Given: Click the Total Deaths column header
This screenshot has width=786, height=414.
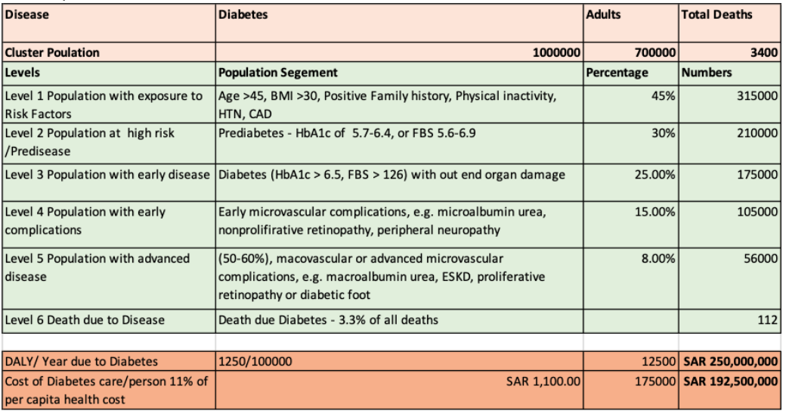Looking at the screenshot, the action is [716, 14].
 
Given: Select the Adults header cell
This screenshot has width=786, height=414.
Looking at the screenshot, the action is [604, 14].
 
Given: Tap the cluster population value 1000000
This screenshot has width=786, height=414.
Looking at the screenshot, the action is [556, 53].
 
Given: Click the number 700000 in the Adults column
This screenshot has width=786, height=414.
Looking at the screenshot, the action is [655, 53].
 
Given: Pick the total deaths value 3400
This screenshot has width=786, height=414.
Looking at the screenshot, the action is [764, 53].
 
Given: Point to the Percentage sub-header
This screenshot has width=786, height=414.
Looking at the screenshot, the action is [617, 73].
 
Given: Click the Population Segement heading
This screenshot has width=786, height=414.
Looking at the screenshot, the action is [277, 73].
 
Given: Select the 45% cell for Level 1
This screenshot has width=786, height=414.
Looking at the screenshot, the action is [664, 96].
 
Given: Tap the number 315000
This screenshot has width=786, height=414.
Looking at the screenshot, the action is [757, 96].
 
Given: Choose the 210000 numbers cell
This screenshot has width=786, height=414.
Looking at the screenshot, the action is [757, 133].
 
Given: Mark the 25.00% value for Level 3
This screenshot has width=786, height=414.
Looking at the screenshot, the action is [655, 175].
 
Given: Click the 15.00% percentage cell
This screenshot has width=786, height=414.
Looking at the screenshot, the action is [655, 212].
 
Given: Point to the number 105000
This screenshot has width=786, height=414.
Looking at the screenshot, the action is [757, 212].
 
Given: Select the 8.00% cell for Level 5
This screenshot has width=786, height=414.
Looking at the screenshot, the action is [659, 258].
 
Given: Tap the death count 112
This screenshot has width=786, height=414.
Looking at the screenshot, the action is [768, 320].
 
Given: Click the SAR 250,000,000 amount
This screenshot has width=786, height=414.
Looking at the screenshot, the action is [731, 361].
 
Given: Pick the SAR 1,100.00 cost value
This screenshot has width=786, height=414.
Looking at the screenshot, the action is [543, 381].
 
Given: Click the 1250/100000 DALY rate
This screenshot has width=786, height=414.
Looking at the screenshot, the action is [255, 361].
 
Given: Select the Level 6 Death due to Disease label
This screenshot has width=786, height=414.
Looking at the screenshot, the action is [85, 320].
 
